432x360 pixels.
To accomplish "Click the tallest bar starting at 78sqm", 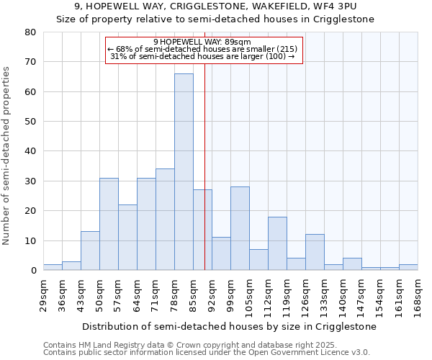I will coord(184,172).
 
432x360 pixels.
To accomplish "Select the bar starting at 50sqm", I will coord(109,224).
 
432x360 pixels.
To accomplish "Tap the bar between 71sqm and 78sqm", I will coord(165,220).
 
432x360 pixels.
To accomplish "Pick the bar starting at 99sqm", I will coord(240,228).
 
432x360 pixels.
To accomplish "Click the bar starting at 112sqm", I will coord(277,243).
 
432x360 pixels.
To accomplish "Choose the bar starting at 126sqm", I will coord(315,252).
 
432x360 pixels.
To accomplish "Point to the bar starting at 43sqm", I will coord(90,251).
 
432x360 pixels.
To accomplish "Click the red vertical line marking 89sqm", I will coord(204,166).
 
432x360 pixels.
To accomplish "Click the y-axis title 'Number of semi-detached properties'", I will coord(6,156).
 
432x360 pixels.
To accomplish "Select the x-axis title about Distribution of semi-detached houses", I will coord(229,326).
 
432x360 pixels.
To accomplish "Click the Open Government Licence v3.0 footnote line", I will coord(207,352).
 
